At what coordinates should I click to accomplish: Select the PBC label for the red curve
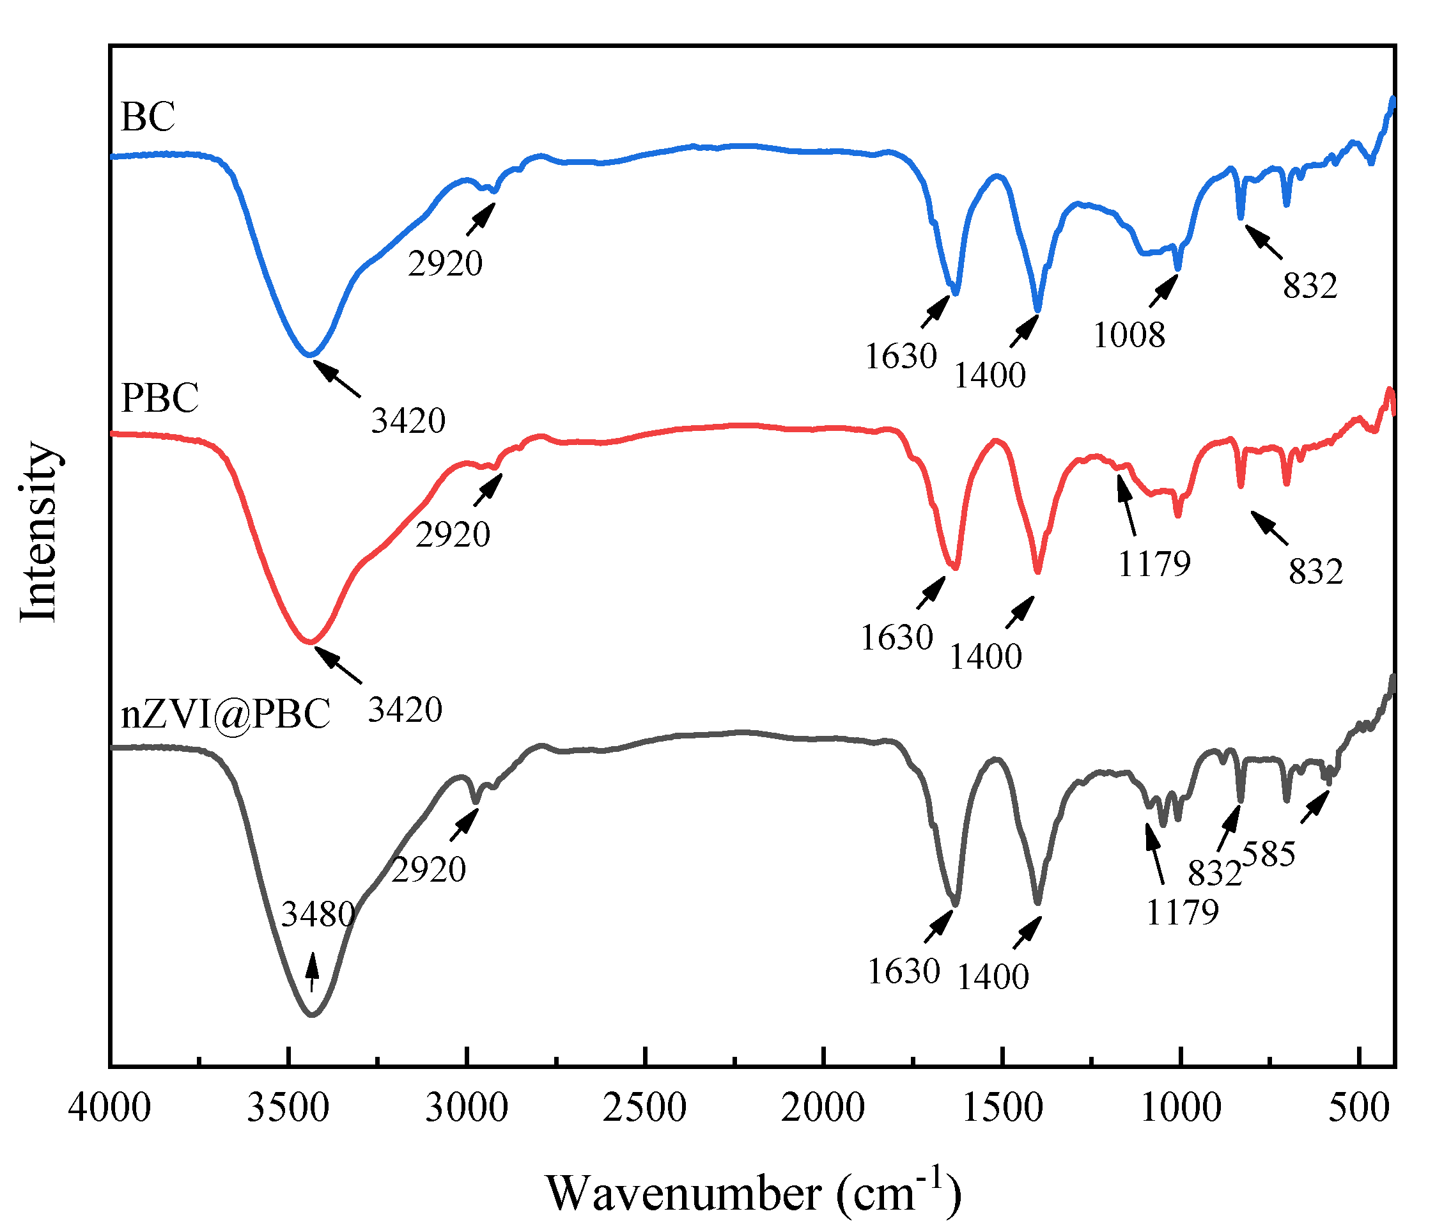[160, 398]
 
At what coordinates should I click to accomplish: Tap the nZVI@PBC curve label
[225, 714]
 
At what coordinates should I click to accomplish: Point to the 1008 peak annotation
[1129, 336]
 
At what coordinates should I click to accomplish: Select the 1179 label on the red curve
[1154, 563]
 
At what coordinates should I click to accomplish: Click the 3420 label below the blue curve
[408, 421]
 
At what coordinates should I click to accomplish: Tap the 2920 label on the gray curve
[428, 870]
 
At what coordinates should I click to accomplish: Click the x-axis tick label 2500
[644, 1107]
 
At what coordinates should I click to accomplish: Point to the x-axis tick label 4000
[110, 1107]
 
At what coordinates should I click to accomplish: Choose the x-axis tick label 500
[1359, 1107]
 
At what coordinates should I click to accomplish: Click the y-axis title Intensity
[38, 532]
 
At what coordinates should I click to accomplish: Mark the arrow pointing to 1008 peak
[1163, 291]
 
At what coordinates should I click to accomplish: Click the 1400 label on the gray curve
[993, 978]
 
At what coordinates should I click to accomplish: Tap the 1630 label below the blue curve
[901, 357]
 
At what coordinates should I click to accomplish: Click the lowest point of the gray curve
[312, 1016]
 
